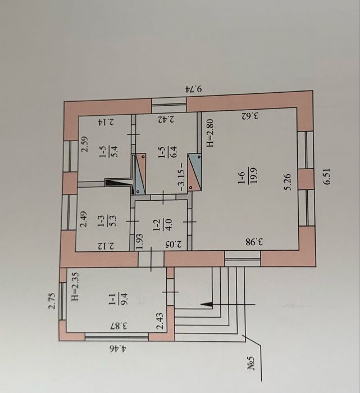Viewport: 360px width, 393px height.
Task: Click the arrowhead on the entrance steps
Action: click(207, 304)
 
